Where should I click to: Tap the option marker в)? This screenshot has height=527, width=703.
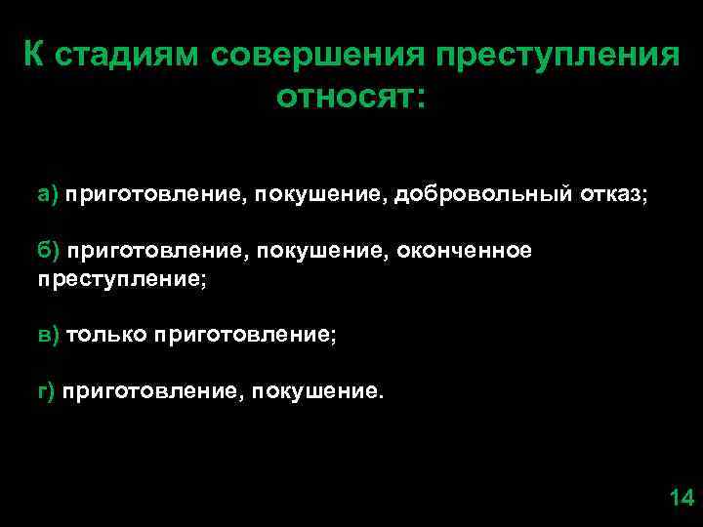click(49, 335)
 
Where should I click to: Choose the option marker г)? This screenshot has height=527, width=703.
click(48, 391)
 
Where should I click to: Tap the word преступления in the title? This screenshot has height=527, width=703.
click(552, 56)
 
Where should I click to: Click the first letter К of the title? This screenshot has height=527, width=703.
click(32, 56)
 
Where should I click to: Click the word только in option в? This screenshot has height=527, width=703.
click(104, 335)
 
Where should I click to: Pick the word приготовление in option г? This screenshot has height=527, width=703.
click(152, 391)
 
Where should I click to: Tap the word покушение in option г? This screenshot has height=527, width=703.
click(318, 391)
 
